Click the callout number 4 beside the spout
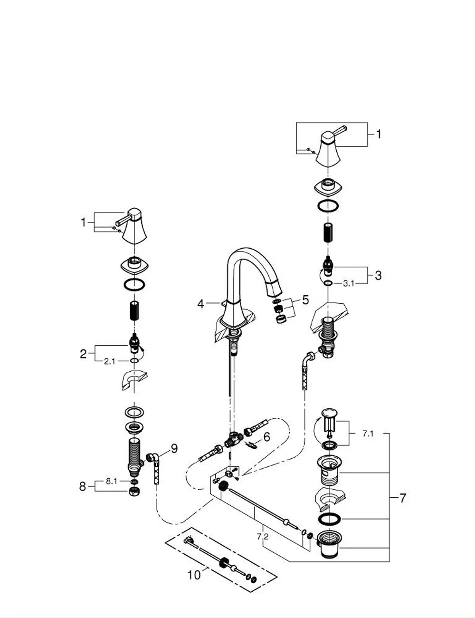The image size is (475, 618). [200, 304]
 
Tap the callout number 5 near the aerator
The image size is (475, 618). [305, 300]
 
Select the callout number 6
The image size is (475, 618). [267, 437]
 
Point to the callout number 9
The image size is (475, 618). [174, 448]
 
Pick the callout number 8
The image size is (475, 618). [82, 486]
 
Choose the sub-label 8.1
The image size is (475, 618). [111, 481]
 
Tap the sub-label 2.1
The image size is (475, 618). [109, 361]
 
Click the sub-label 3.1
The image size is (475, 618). [349, 283]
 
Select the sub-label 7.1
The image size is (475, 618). [368, 434]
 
